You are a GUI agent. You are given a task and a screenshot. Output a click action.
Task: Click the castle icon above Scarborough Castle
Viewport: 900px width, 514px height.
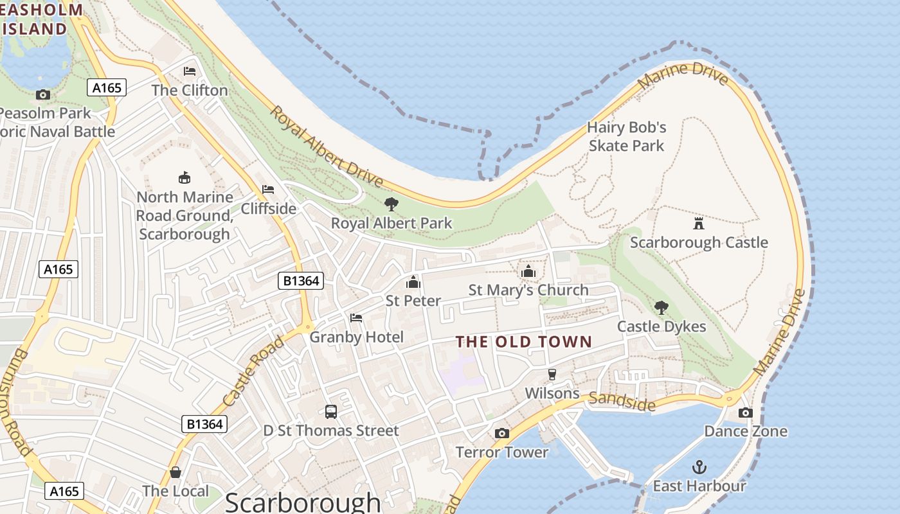(699, 223)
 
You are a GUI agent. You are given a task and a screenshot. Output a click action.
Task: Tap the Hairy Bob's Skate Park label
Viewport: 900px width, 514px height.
(626, 136)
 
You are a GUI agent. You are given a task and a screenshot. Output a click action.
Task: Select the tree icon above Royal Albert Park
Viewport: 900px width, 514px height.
(391, 204)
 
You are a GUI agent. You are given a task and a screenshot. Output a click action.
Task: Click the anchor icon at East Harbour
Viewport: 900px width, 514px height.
(699, 466)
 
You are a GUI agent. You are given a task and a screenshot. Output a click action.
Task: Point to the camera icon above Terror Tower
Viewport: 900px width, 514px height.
(502, 433)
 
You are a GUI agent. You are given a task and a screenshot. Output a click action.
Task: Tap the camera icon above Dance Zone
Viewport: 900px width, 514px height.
(746, 412)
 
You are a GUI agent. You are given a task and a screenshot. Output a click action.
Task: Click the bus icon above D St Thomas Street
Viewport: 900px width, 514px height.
(331, 412)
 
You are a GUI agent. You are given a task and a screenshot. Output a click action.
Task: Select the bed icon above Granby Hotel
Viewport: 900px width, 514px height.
(356, 317)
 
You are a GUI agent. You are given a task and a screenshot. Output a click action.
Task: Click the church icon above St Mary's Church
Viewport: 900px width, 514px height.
(528, 271)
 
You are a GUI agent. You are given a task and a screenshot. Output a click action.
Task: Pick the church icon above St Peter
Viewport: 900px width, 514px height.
(413, 281)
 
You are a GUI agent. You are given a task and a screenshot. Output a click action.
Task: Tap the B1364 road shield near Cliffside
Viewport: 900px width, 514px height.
(300, 281)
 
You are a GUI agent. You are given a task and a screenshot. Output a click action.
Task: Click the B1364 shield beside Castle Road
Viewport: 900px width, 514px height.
(204, 423)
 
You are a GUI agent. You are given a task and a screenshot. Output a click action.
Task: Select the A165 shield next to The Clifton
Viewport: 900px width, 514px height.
(107, 87)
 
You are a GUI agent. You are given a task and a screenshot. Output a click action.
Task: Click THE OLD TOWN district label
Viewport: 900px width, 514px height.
(523, 341)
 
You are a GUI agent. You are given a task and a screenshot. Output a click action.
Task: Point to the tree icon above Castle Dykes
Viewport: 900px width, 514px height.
(661, 307)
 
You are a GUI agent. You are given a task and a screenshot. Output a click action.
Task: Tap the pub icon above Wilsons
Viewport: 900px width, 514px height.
(552, 374)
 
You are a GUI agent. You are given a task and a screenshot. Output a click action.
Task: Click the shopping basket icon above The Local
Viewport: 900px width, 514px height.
(175, 472)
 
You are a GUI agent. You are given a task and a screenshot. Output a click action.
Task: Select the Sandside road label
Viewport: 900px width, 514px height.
(622, 401)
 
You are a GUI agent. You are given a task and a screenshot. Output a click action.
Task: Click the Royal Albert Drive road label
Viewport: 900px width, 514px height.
(325, 146)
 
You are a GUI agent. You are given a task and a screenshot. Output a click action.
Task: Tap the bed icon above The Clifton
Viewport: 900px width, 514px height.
(190, 71)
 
